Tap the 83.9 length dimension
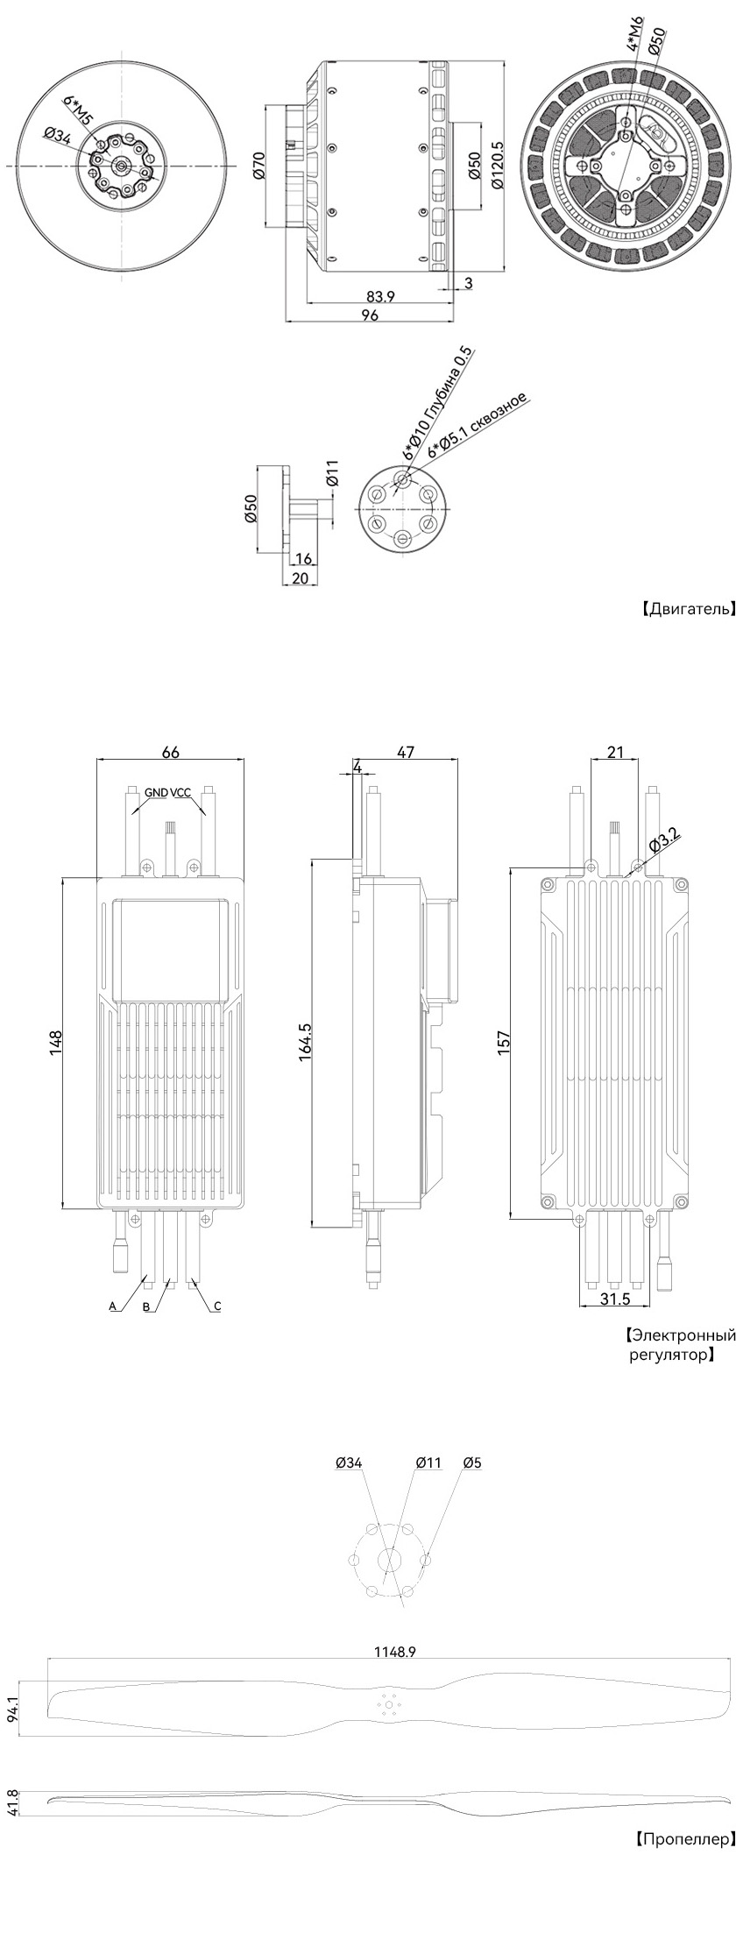coord(379,296)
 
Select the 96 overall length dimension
coord(370,315)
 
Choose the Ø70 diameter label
coord(258,166)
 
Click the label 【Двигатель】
coord(685,609)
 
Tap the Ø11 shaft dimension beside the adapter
coord(331,473)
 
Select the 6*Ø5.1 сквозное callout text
coord(478,425)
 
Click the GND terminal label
coord(157,793)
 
